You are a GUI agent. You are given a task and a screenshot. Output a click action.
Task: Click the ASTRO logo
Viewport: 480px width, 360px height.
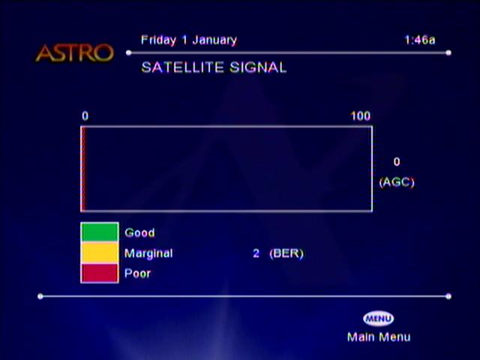coord(75,53)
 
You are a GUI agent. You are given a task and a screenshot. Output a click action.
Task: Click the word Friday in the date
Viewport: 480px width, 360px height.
coord(158,40)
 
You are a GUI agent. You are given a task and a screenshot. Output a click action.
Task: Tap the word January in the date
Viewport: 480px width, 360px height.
coord(214,40)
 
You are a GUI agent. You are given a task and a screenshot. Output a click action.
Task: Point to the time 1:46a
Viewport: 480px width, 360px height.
coord(420,40)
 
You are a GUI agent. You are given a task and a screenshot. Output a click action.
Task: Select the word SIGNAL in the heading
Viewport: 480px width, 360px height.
coord(258,67)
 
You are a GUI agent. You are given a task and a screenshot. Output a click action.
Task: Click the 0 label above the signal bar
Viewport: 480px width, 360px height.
coord(85,116)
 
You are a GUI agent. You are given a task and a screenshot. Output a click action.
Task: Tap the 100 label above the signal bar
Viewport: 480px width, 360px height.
coord(361,116)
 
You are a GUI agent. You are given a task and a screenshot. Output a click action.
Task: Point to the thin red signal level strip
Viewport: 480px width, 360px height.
coord(83,169)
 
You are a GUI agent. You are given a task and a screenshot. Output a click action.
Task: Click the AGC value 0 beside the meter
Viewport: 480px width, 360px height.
coord(397,162)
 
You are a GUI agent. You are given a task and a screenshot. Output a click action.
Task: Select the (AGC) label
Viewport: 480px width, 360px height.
coord(397,182)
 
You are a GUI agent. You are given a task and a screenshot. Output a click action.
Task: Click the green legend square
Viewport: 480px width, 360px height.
coord(100,232)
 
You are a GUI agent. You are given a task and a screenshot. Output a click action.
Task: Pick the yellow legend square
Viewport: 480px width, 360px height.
coord(100,253)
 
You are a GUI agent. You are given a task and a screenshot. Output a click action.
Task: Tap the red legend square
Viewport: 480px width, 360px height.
coord(100,273)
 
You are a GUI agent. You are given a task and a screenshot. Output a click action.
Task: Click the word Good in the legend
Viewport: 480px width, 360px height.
coord(139,232)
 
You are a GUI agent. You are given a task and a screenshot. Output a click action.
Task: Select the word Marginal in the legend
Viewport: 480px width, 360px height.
coord(148,253)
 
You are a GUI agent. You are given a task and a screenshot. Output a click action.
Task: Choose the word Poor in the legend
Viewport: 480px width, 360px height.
coord(138,273)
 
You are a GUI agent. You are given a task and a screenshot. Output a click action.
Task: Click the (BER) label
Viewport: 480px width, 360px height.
coord(286,253)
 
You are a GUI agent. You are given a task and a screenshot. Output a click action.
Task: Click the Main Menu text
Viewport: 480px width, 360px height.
coord(379,337)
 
